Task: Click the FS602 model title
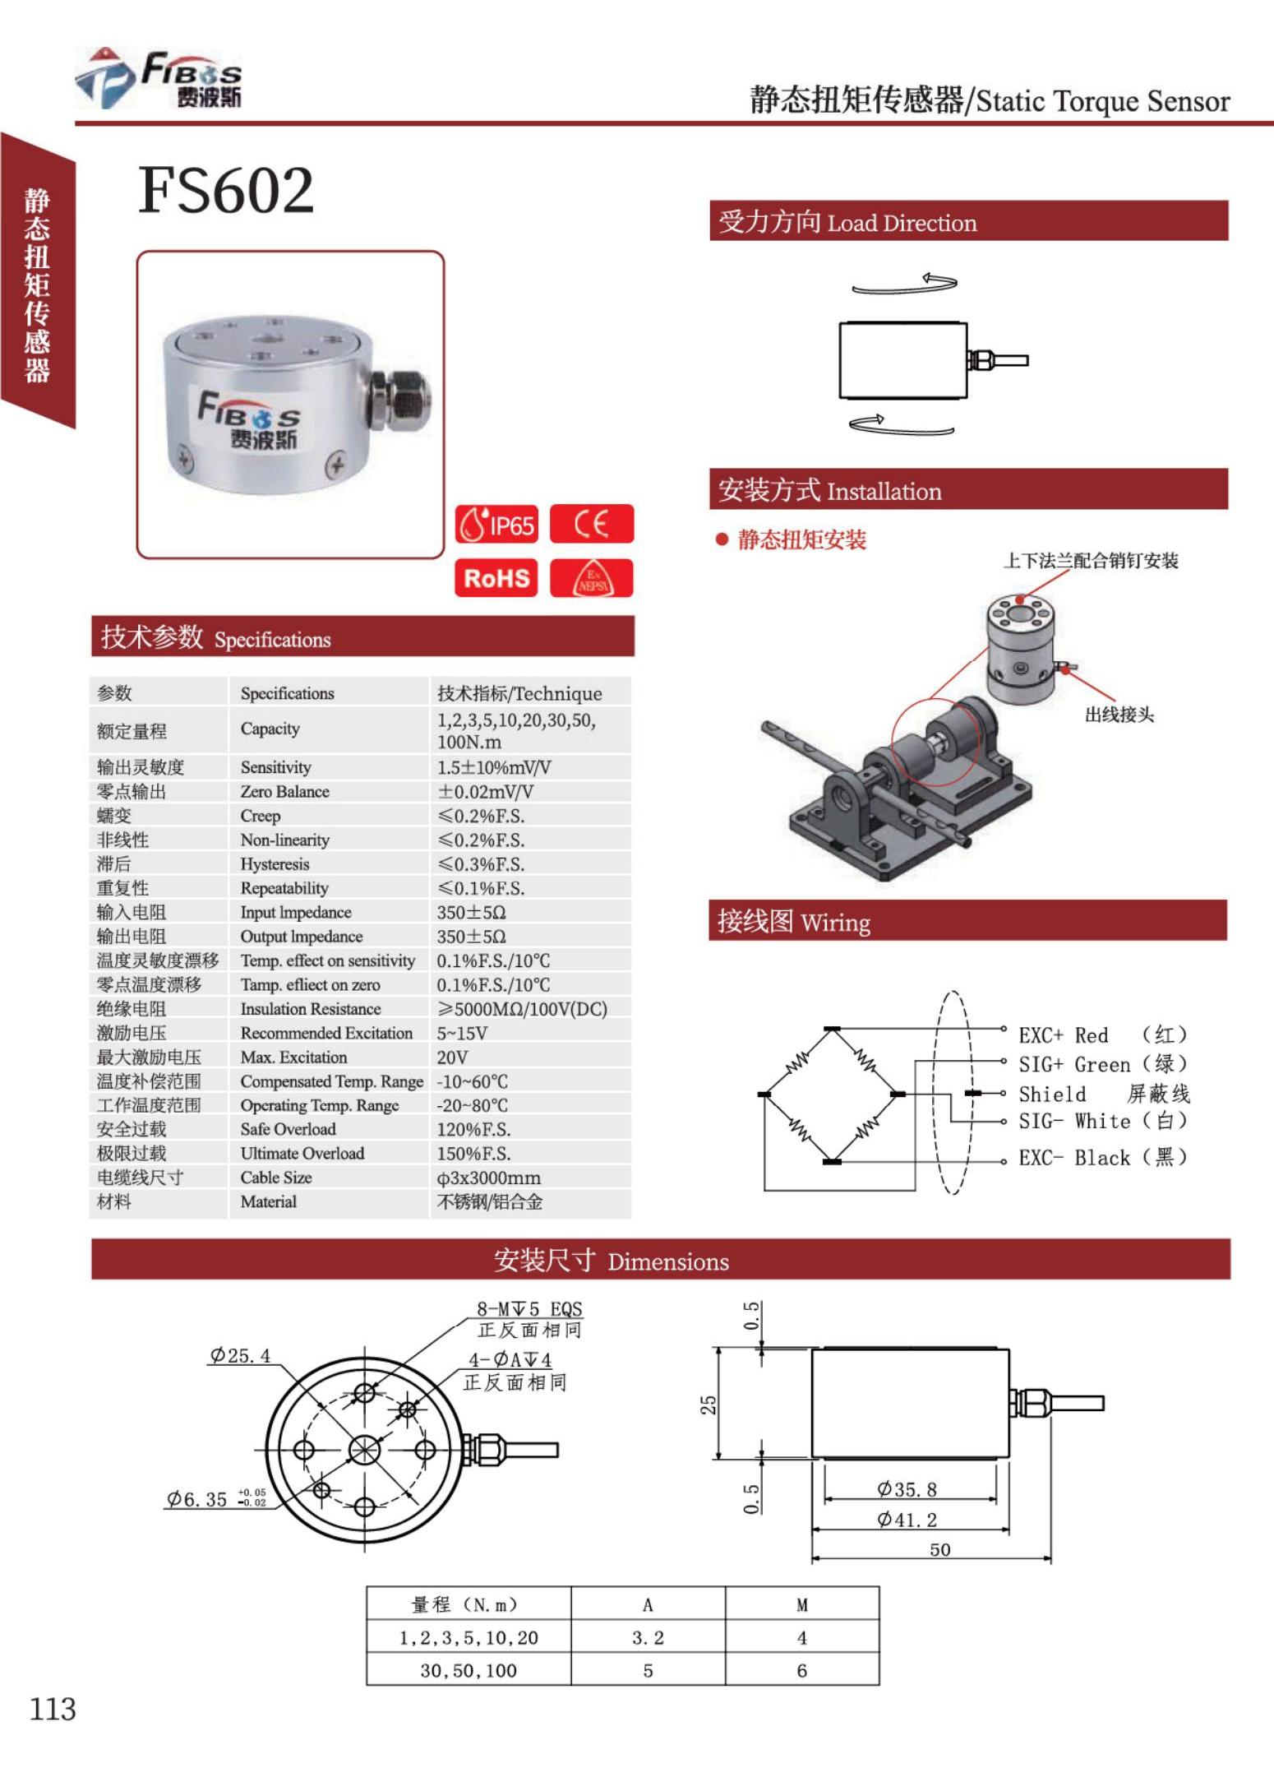click(x=226, y=190)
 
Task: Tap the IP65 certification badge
click(x=496, y=525)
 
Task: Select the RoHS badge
click(x=496, y=578)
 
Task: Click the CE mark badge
click(x=591, y=525)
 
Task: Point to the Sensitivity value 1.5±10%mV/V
click(x=494, y=767)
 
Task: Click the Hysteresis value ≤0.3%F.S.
click(x=481, y=864)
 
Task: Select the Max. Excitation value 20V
click(x=452, y=1058)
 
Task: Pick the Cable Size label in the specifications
click(x=276, y=1178)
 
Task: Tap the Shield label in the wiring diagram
click(x=1052, y=1095)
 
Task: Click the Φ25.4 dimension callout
click(x=240, y=1356)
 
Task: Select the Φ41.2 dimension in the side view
click(x=907, y=1520)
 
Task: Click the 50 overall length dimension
click(x=939, y=1550)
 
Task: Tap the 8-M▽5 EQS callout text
click(x=529, y=1309)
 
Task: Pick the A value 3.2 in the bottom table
click(x=648, y=1638)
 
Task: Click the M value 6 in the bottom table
click(x=801, y=1671)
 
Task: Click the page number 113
click(x=53, y=1710)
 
